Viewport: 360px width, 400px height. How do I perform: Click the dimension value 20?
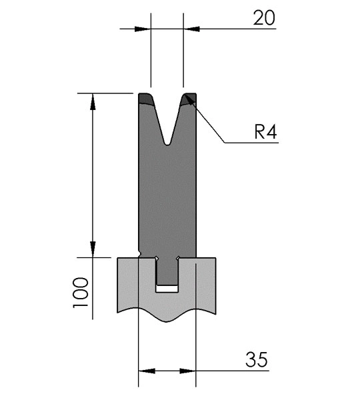click(x=264, y=18)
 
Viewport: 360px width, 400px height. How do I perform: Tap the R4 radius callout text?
click(x=265, y=132)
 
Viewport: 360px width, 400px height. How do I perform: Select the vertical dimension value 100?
click(x=81, y=293)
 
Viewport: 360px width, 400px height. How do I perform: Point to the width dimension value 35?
click(x=257, y=359)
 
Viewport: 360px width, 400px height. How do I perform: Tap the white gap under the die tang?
click(x=167, y=289)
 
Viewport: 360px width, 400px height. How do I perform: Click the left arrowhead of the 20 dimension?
click(x=143, y=29)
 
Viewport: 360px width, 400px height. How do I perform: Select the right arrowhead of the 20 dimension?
click(x=191, y=29)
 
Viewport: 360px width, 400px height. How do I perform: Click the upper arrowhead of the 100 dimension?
click(x=93, y=101)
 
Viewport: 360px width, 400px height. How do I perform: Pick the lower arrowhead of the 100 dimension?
click(x=93, y=249)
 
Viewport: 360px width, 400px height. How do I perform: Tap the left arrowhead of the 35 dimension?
click(x=147, y=371)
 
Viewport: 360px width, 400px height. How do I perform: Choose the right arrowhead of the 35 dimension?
click(x=187, y=371)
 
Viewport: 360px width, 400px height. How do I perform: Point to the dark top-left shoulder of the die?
click(x=146, y=99)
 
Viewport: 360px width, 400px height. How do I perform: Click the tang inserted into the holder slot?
click(x=167, y=271)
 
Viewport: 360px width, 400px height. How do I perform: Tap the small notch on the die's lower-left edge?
click(x=139, y=253)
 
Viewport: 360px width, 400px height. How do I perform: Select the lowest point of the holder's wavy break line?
click(x=167, y=322)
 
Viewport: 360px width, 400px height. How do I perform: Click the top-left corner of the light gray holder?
click(x=117, y=258)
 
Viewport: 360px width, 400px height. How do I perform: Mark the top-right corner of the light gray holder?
click(x=216, y=258)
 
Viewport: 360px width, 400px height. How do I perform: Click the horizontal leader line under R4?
click(x=251, y=143)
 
